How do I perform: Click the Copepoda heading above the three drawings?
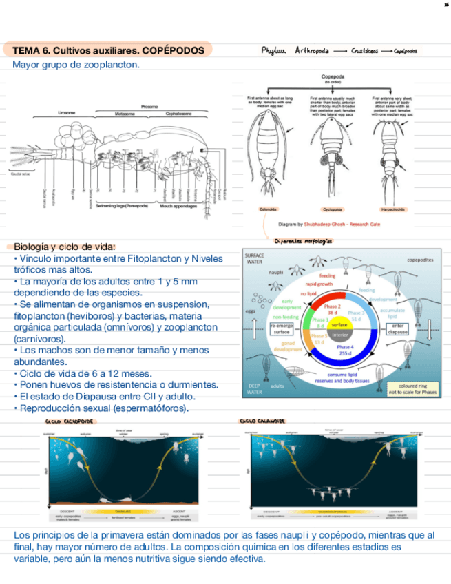click(x=333, y=76)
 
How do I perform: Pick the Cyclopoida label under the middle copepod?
click(x=334, y=209)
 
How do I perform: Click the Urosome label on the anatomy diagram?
click(x=67, y=113)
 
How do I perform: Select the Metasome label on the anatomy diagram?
click(x=125, y=113)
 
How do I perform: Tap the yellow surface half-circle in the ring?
click(x=339, y=323)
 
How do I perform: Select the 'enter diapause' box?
click(x=397, y=328)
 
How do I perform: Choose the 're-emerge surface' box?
click(x=281, y=328)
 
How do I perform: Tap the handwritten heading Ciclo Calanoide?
click(x=263, y=421)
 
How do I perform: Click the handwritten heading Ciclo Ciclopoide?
click(x=69, y=421)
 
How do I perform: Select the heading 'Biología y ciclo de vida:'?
click(x=65, y=247)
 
